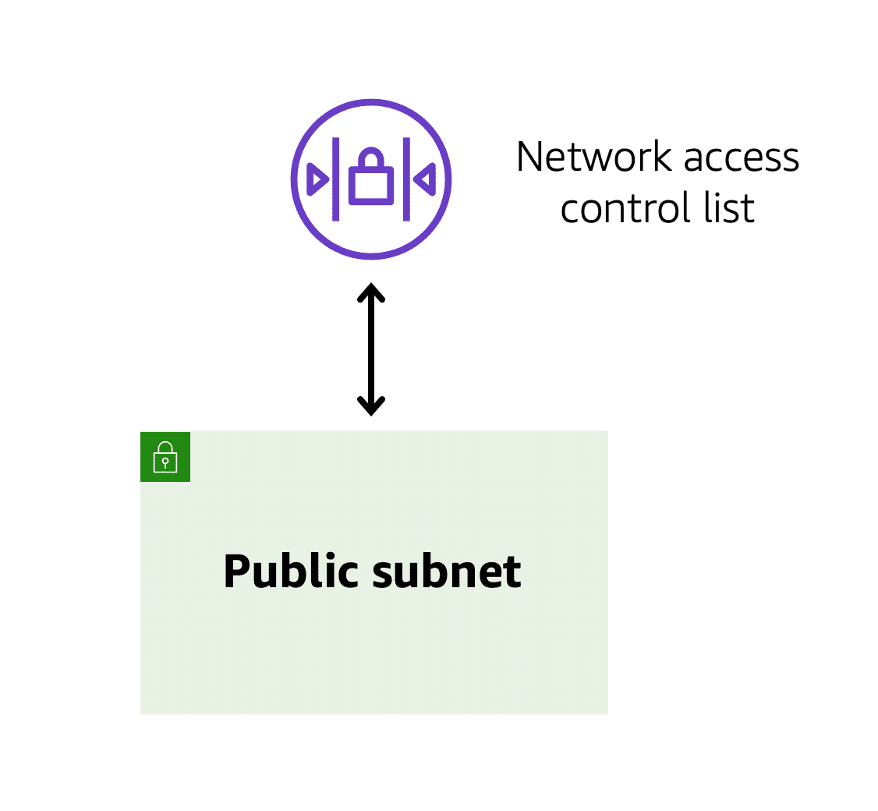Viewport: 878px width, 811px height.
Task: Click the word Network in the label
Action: (x=594, y=157)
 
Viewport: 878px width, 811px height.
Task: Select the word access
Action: (x=741, y=158)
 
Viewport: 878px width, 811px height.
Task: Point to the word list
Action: (x=731, y=208)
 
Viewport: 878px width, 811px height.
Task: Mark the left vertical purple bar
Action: (x=336, y=179)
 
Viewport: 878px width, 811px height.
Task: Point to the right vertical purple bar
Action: (x=406, y=179)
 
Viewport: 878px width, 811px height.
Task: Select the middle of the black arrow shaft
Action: (x=371, y=349)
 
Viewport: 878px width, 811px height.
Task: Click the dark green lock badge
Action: (x=165, y=456)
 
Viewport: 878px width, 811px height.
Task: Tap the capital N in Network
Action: (x=530, y=157)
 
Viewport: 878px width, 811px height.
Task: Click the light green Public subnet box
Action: (x=374, y=655)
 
